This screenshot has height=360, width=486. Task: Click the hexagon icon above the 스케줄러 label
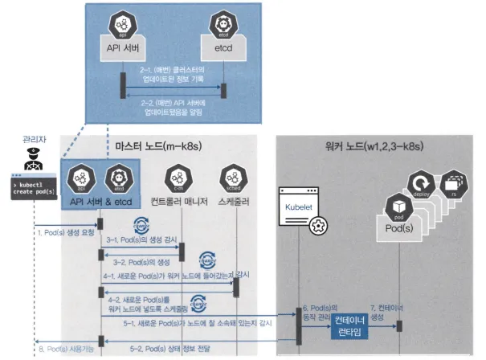pos(234,178)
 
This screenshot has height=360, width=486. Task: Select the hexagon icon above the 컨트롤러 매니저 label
pos(178,178)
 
